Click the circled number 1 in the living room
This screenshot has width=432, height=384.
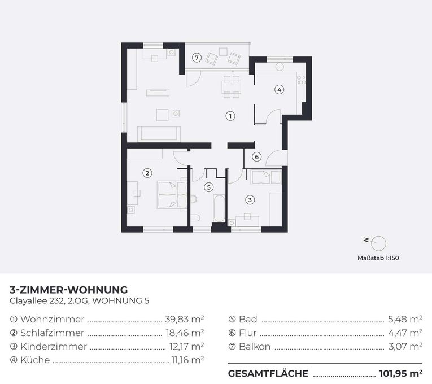(x=230, y=116)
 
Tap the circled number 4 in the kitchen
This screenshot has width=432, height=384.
(x=280, y=90)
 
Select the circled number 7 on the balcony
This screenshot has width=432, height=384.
(x=197, y=58)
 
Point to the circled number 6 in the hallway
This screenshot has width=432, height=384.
(x=257, y=157)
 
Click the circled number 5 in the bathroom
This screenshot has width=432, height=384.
(x=209, y=187)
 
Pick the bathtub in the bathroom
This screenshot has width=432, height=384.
(x=219, y=208)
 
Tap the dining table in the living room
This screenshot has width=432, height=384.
(x=231, y=87)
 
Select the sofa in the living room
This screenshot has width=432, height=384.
(x=159, y=134)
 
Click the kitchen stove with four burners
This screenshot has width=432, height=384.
(x=301, y=80)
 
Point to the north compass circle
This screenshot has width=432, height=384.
(x=378, y=243)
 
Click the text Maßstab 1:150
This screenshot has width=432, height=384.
(x=378, y=258)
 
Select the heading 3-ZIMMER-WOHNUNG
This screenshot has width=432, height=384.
(x=68, y=290)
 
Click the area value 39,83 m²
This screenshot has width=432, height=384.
(x=185, y=319)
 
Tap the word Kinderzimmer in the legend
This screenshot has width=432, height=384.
(x=54, y=346)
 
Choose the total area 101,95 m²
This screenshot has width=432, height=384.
(x=401, y=373)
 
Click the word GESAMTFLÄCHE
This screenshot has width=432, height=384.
(x=268, y=373)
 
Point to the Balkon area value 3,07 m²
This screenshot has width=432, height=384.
(x=405, y=346)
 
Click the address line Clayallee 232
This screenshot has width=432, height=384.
(x=37, y=301)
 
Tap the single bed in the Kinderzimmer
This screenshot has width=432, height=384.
(x=265, y=177)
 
